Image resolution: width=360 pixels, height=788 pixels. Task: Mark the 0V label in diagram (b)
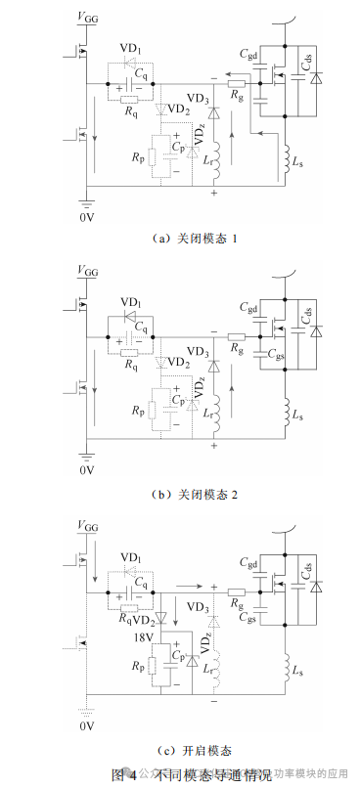point(87,470)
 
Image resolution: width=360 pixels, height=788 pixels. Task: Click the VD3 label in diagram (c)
point(198,608)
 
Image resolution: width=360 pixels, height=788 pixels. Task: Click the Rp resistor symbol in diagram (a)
point(155,159)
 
